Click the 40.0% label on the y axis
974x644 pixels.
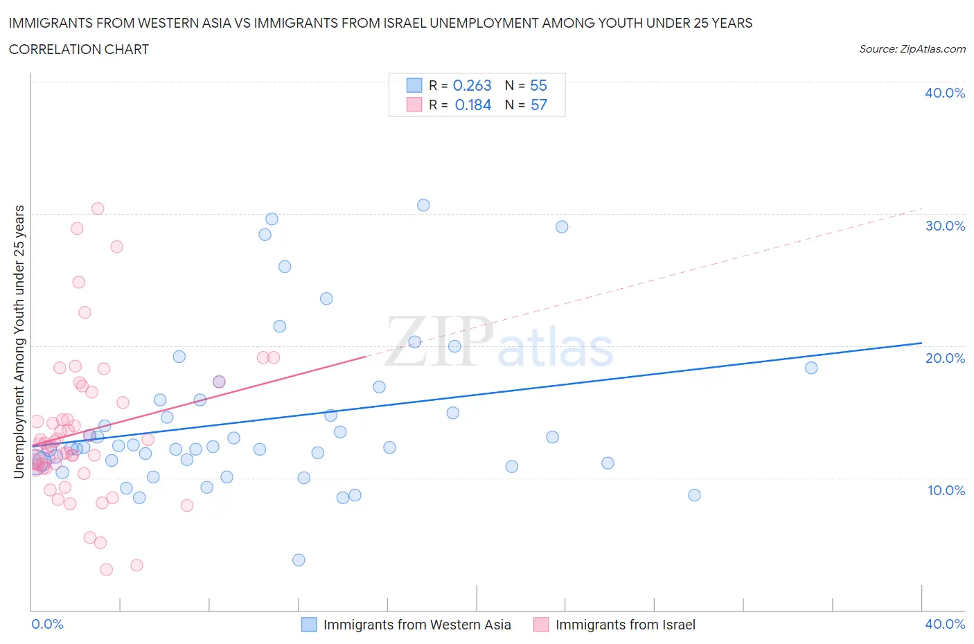click(x=945, y=93)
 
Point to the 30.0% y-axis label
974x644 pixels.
click(x=945, y=226)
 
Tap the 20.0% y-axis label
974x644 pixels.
click(x=945, y=358)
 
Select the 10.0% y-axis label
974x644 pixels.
click(x=945, y=490)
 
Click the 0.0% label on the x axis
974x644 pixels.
click(x=47, y=624)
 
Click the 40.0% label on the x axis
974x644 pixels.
click(x=945, y=624)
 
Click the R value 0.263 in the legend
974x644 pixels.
click(x=472, y=85)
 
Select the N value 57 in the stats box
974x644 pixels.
click(x=538, y=105)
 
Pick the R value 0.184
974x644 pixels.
click(x=472, y=105)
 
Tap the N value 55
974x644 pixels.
click(x=538, y=85)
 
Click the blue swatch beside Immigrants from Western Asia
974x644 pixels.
click(x=309, y=625)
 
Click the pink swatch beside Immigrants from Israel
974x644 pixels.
click(x=541, y=625)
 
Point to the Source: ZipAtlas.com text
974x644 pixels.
click(x=912, y=48)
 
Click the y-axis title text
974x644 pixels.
click(x=19, y=341)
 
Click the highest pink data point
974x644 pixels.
click(x=98, y=208)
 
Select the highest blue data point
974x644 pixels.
click(x=423, y=205)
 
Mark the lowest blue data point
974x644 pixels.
click(x=299, y=560)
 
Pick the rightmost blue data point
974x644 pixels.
click(x=811, y=368)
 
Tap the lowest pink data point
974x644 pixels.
click(x=107, y=569)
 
